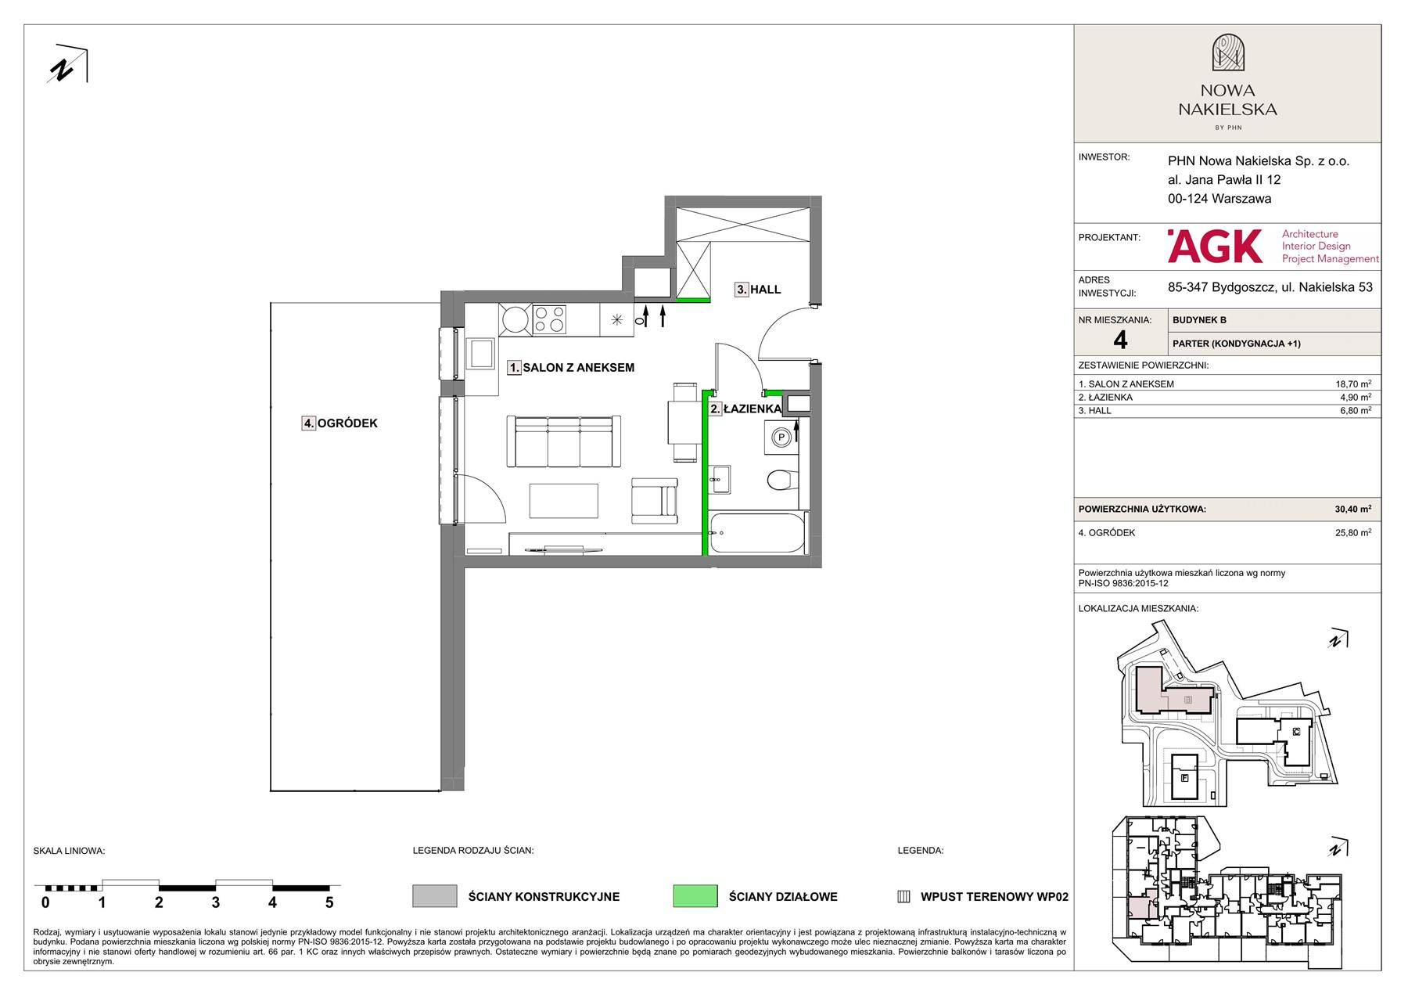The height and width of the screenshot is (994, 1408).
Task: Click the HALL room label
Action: (x=766, y=290)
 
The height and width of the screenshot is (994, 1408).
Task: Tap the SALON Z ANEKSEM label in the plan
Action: (x=578, y=368)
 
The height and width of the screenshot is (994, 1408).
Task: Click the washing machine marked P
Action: (x=781, y=438)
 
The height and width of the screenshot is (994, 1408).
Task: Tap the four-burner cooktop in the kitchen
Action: (x=549, y=319)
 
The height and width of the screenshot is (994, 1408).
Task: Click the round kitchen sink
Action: (x=515, y=320)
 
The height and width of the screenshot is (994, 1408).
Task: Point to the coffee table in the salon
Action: (x=564, y=500)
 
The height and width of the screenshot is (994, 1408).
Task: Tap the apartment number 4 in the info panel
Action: (x=1120, y=340)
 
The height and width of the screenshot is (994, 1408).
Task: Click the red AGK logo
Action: (x=1215, y=247)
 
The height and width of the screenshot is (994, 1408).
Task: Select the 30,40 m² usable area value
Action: (x=1352, y=509)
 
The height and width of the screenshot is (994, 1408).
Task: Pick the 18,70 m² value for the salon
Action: (x=1353, y=384)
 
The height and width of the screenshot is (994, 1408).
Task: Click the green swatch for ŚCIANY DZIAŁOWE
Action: (x=695, y=896)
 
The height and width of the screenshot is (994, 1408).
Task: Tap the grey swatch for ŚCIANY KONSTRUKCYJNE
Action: (x=434, y=896)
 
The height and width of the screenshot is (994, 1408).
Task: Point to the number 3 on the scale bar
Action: (x=215, y=902)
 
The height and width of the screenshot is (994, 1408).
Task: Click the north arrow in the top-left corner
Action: (x=68, y=64)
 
